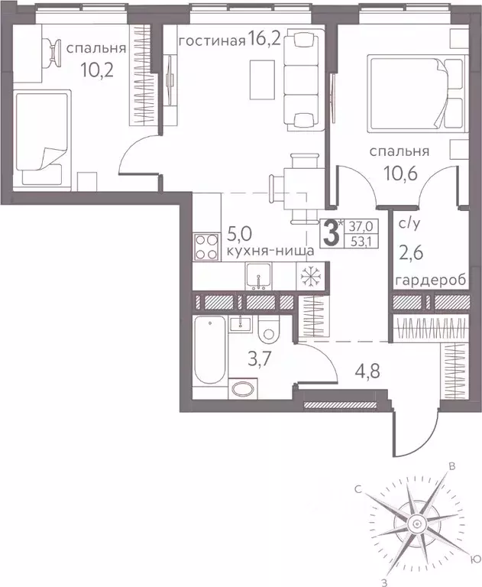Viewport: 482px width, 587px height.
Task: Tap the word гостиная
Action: click(212, 40)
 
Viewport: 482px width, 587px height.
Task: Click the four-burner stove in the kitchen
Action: click(206, 248)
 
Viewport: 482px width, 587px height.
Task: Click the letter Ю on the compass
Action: click(475, 559)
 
